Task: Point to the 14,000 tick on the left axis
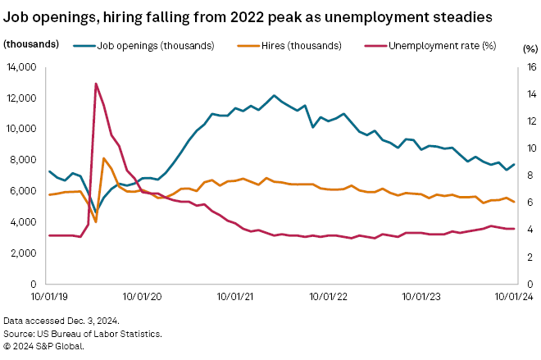coord(21,66)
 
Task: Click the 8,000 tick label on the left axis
coord(24,160)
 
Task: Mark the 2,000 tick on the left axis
coord(24,253)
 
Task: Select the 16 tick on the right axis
coord(530,66)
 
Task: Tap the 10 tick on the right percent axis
coord(530,148)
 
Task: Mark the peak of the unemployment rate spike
coord(96,83)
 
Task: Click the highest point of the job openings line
coord(274,96)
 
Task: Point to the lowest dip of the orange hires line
coord(96,221)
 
